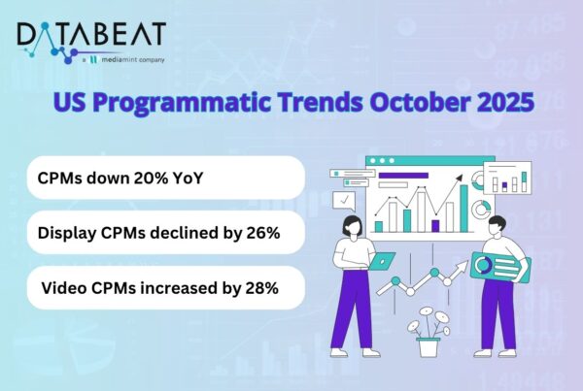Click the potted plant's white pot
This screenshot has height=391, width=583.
coord(428,346)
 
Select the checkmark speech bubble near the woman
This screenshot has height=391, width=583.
coord(343,200)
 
